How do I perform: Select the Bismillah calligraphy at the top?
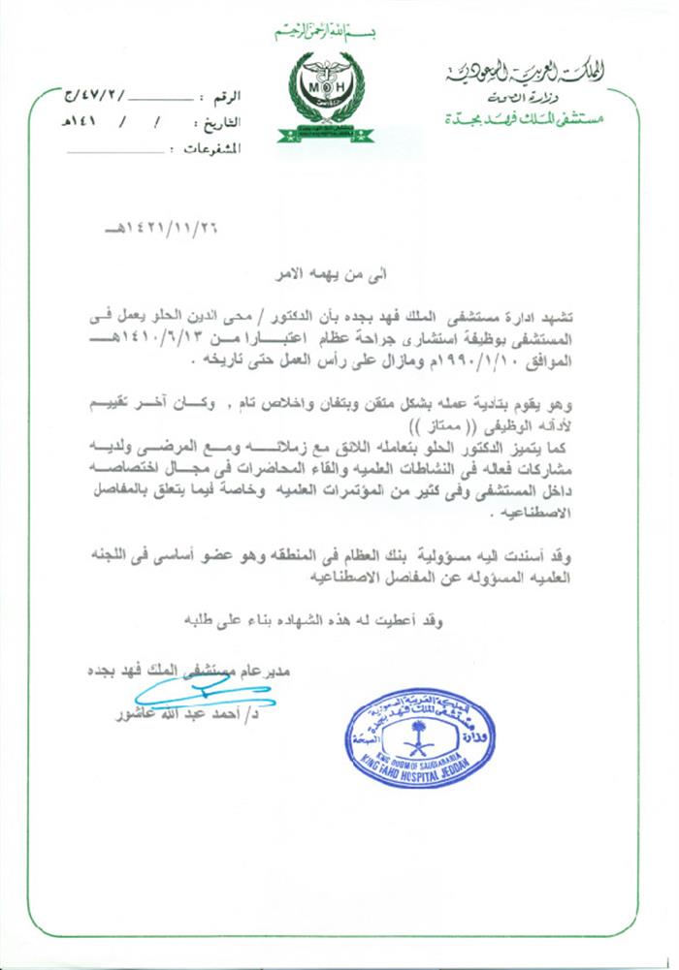(x=326, y=36)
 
